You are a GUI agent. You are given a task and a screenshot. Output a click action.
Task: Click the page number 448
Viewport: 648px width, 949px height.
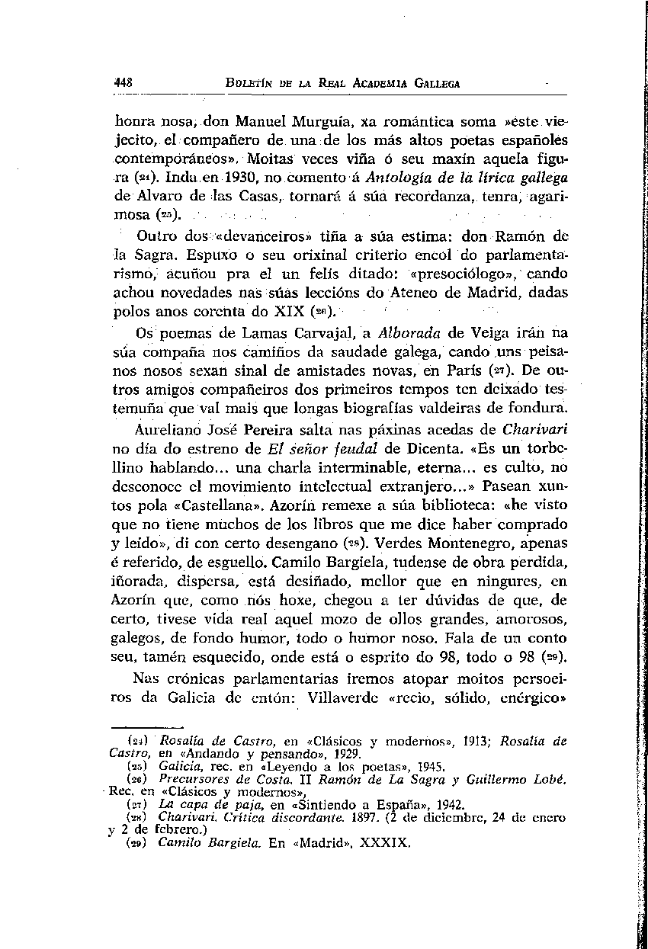coord(123,83)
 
